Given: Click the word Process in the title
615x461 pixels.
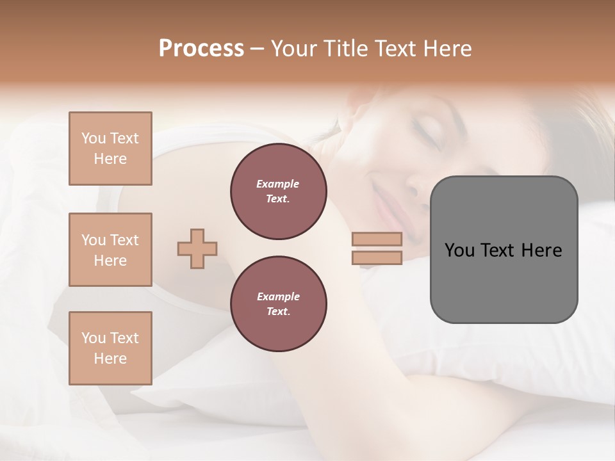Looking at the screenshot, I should (x=201, y=49).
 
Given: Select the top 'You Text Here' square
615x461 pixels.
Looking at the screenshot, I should (x=110, y=149).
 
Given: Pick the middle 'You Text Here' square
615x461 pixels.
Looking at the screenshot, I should (x=110, y=250).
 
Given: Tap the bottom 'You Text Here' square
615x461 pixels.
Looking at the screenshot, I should (x=110, y=348).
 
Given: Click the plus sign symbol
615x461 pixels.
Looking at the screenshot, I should (x=197, y=248).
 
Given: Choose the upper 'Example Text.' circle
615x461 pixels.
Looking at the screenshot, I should (x=278, y=191).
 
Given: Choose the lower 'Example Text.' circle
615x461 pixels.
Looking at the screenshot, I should (x=278, y=303).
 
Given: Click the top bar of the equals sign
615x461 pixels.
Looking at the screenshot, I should (x=377, y=239).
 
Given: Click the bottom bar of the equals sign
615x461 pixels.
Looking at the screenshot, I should (x=377, y=258).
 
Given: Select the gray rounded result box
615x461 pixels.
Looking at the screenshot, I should (x=504, y=250).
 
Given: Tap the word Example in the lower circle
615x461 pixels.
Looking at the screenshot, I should (x=278, y=296).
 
